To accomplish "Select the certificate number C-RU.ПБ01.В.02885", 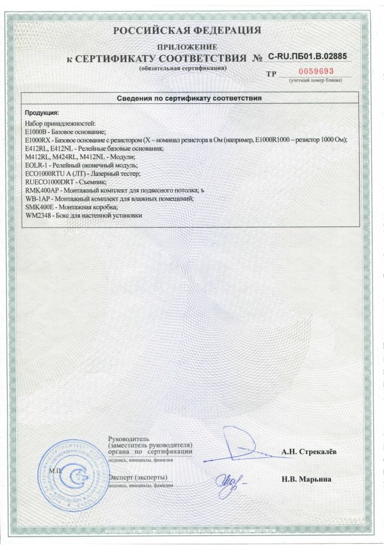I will click(x=307, y=57).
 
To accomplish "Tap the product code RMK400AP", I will click(x=41, y=190).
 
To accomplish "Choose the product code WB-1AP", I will click(x=37, y=199).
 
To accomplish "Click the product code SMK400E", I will click(x=39, y=208).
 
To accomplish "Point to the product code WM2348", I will click(x=38, y=217).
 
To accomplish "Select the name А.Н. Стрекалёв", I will click(x=309, y=451).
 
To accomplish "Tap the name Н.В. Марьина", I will click(x=305, y=479).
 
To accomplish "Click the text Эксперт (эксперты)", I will click(x=138, y=478).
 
